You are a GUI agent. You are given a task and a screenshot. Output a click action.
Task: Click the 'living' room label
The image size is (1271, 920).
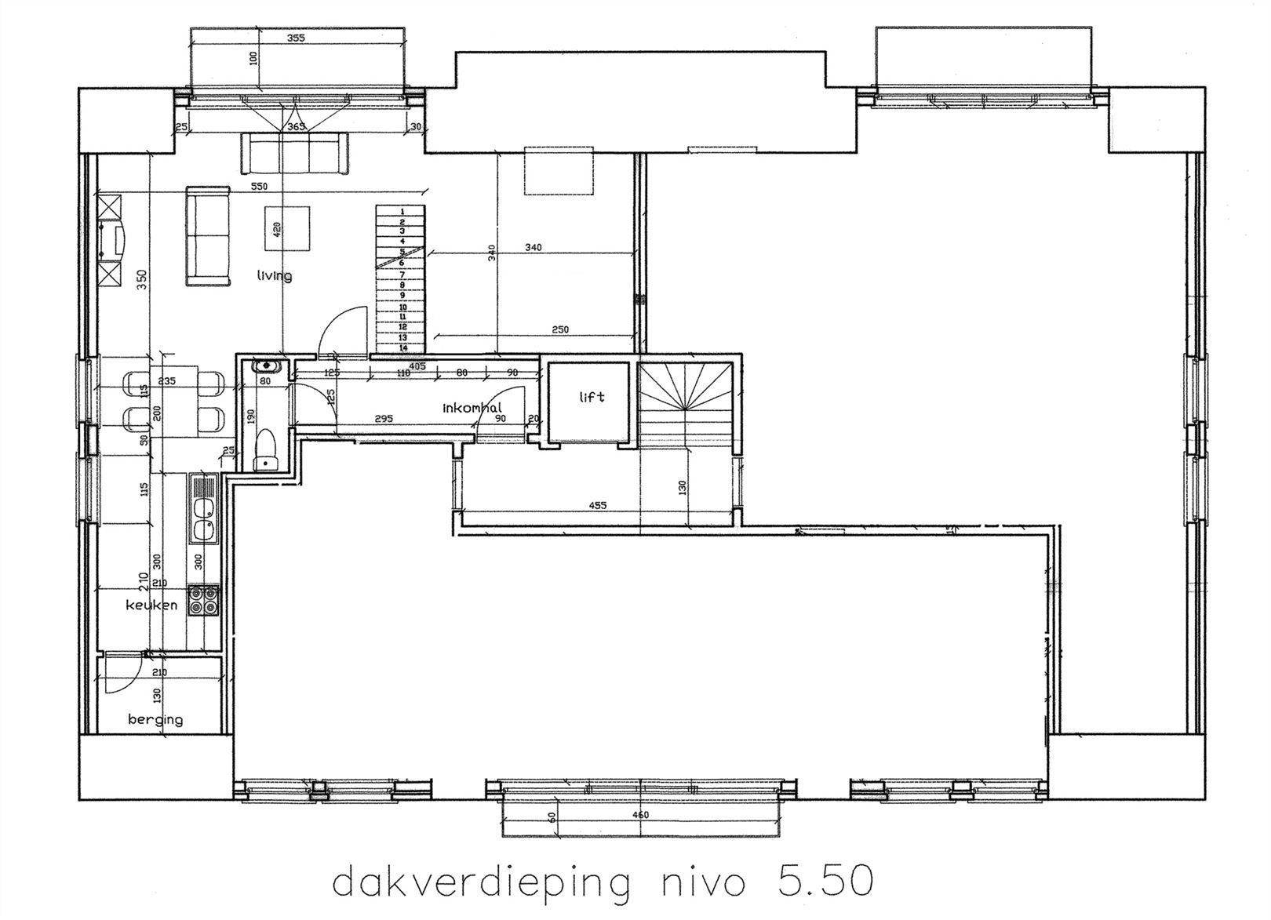[x=275, y=275]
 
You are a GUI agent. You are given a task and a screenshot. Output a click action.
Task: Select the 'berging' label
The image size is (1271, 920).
[x=155, y=718]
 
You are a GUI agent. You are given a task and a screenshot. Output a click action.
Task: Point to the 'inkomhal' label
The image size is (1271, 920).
[x=472, y=408]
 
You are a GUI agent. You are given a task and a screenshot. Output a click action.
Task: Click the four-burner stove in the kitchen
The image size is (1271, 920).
[x=206, y=600]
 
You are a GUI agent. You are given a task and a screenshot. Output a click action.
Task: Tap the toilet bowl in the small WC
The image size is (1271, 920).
[x=266, y=447]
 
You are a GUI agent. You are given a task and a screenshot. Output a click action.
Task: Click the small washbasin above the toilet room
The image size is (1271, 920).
[x=266, y=365]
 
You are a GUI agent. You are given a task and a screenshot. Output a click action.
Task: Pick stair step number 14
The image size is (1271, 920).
[x=402, y=347]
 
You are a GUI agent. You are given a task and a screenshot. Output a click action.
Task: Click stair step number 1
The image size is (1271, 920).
[x=402, y=212]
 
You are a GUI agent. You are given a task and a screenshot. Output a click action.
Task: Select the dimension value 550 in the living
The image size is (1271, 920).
[x=259, y=187]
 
